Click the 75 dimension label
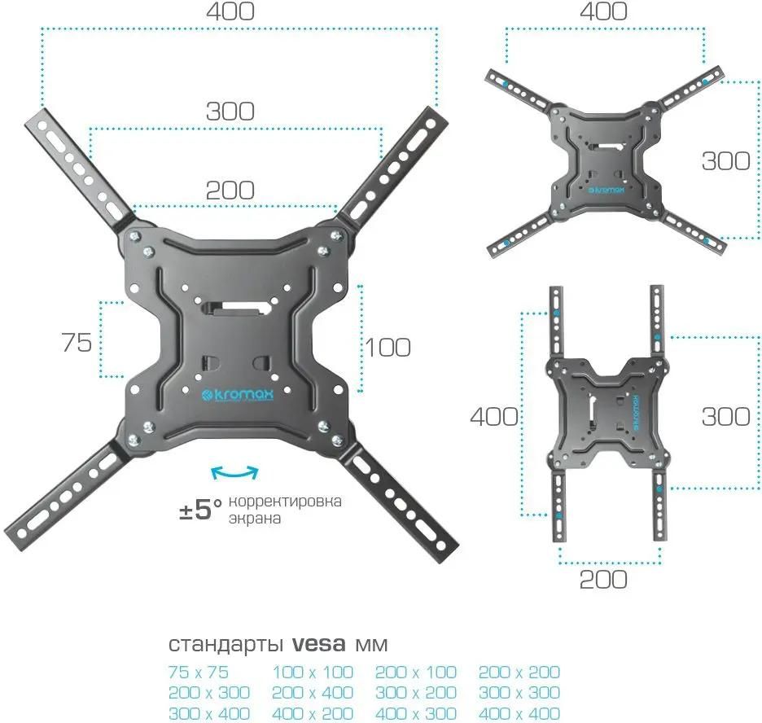77,343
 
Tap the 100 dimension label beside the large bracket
388,348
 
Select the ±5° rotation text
200,510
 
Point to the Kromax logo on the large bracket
237,395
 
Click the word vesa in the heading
319,644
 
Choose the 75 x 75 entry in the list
199,673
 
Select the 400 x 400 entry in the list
519,713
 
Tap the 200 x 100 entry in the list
415,673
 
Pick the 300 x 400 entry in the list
209,713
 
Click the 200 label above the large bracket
230,191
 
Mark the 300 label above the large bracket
230,112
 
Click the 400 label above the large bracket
230,11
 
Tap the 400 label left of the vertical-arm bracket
493,417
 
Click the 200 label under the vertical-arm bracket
603,580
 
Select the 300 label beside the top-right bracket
725,161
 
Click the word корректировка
285,502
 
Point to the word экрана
255,519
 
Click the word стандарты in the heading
226,645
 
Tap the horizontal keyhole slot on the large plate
236,309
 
